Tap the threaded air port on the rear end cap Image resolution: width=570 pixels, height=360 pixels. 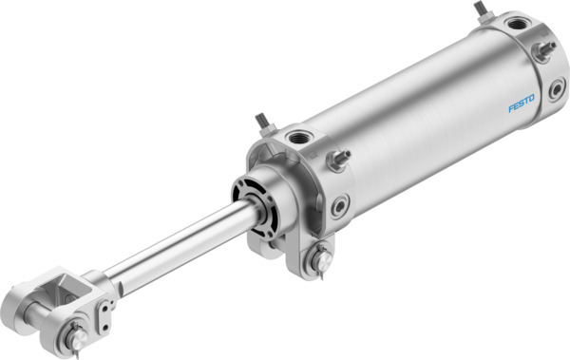pos(517,24)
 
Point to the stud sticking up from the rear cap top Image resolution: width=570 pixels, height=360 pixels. pos(481,12)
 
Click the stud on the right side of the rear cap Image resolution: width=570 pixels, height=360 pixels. pos(545,50)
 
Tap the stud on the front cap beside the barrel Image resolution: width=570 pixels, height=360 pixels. pos(339,158)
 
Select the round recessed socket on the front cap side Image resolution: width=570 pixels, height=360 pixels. pos(339,204)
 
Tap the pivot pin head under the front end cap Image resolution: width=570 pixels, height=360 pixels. pos(320,256)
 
